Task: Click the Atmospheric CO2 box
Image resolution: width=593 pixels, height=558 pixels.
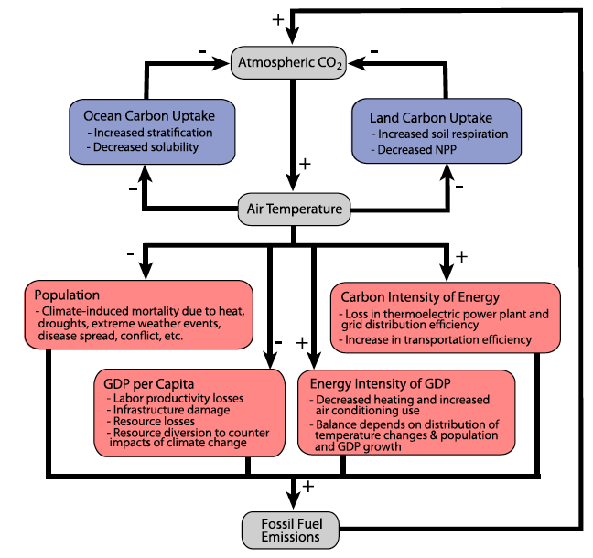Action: (292, 62)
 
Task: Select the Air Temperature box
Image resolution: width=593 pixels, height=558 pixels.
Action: (294, 209)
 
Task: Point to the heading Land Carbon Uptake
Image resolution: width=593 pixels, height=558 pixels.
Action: (430, 119)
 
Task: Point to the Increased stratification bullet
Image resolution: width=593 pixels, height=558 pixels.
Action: (153, 132)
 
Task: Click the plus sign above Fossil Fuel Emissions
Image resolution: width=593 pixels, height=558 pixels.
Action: (307, 487)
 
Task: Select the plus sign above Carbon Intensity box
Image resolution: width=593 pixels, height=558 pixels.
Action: (461, 257)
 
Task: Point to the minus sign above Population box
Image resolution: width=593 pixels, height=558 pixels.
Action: (131, 252)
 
